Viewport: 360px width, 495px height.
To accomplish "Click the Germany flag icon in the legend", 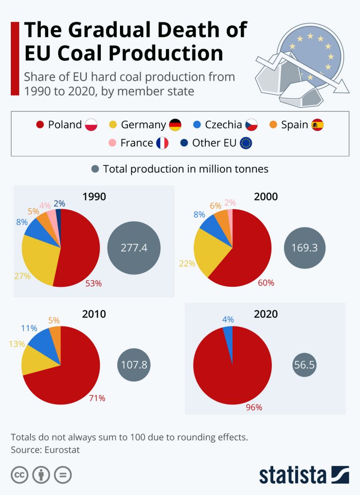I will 175,125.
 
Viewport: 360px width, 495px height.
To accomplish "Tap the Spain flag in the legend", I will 317,125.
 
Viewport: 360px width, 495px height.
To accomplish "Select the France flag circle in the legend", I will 162,142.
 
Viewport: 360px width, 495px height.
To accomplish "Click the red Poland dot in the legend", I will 40,125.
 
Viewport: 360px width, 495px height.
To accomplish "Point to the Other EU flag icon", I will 245,142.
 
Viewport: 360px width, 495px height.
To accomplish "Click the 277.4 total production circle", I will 134,248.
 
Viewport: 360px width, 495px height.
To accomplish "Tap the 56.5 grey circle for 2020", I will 304,365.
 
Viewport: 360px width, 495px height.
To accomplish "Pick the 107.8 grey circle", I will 135,365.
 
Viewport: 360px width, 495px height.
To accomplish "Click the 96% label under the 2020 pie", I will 254,407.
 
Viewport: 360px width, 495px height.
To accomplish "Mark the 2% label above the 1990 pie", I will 59,204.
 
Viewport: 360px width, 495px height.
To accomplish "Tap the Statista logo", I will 304,474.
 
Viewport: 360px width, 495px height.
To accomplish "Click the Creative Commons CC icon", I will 20,475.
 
